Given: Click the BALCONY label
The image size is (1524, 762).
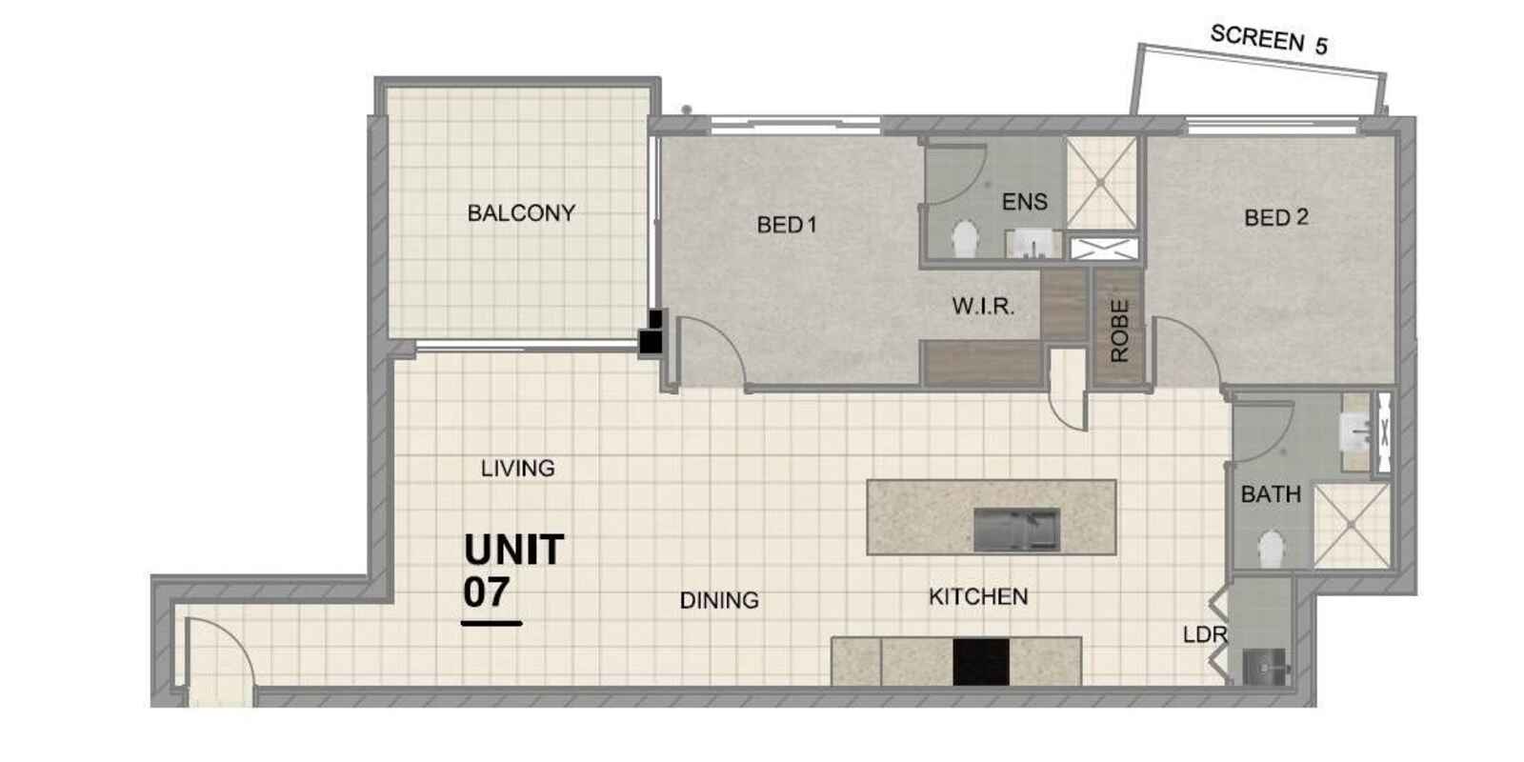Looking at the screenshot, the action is tap(521, 213).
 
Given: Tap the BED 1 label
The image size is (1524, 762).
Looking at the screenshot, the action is tap(787, 225).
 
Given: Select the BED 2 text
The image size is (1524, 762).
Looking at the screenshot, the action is tap(1276, 218).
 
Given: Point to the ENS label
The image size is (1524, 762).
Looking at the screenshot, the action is tap(1025, 202).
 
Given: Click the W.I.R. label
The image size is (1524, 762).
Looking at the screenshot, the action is tap(983, 306).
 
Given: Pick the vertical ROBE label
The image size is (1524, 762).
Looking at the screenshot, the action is tap(1119, 331).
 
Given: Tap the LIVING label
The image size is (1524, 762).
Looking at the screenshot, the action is tap(518, 468).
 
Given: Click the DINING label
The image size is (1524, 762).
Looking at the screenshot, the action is tap(719, 600).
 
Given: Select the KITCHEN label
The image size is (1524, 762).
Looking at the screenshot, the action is tap(978, 596).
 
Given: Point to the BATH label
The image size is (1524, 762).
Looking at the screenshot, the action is tap(1271, 494).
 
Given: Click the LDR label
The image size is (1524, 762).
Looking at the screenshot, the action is tap(1205, 634).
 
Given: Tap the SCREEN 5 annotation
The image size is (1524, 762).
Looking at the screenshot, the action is tap(1269, 39).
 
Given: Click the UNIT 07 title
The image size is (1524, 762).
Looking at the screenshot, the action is tap(513, 571).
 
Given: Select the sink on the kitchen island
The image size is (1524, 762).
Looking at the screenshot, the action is tap(1017, 530).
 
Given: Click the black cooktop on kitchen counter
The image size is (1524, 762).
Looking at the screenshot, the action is tap(981, 662).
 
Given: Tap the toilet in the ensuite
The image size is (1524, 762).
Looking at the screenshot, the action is tap(966, 239).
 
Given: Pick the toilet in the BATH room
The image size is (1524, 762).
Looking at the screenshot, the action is tap(1271, 549).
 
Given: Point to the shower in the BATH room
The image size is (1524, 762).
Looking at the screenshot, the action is tap(1352, 525).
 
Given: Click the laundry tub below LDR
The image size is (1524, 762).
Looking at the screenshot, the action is tap(1265, 666).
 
